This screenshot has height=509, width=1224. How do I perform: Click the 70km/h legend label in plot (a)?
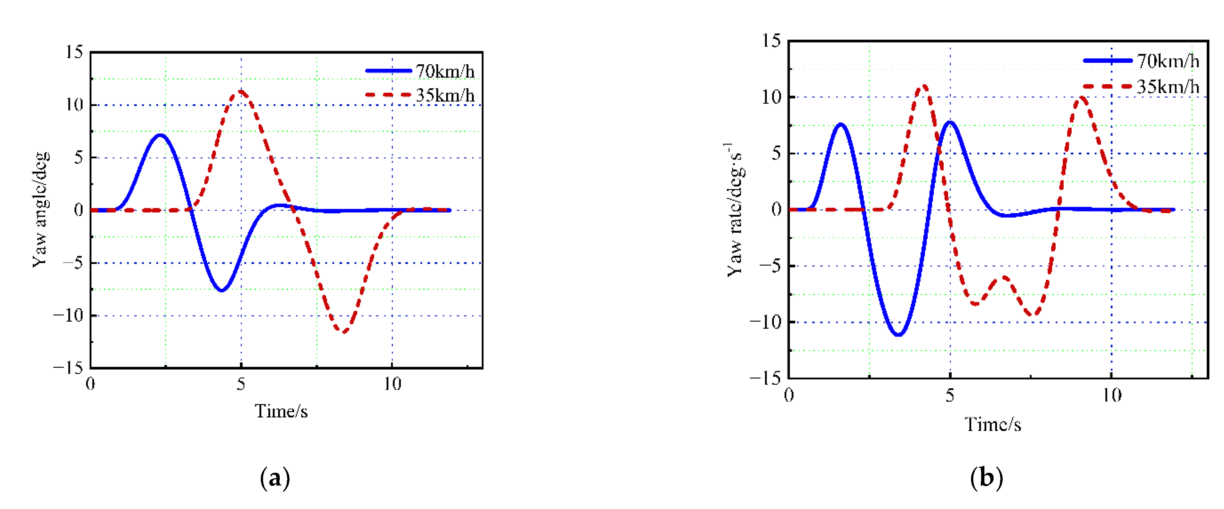445,71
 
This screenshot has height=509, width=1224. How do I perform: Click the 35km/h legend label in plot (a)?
445,95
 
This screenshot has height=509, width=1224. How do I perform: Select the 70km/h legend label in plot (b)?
1168,61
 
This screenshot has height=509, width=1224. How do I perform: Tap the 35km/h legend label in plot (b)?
1168,86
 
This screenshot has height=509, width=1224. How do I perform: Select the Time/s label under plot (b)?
992,424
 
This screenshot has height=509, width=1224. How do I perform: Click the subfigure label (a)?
275,478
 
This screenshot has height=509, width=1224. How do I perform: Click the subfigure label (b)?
986,478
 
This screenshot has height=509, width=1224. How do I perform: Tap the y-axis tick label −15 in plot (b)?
765,378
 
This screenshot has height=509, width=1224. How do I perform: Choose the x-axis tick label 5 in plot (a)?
241,384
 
